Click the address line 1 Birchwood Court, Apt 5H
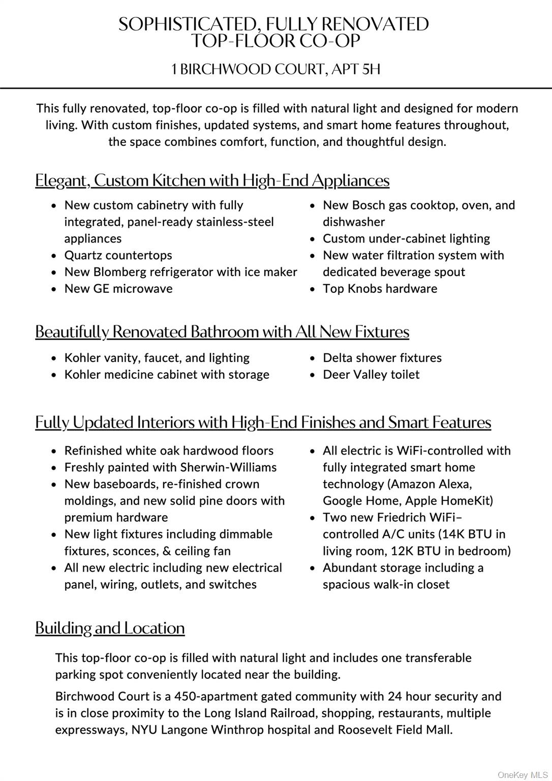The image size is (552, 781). tap(275, 69)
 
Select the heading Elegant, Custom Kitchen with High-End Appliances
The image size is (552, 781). tap(212, 181)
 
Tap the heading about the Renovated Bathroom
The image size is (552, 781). tap(222, 332)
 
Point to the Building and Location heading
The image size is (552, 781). tap(110, 628)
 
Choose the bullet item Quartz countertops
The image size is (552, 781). tap(118, 255)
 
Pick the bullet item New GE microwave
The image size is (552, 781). tap(118, 289)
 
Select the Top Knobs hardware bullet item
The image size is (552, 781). tap(380, 289)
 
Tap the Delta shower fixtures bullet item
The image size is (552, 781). tap(382, 358)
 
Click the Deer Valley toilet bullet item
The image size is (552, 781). tap(371, 375)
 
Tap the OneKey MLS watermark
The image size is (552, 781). tap(523, 775)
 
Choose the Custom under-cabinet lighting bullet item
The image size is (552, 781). tap(406, 239)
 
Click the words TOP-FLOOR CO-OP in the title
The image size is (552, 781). tap(275, 41)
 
